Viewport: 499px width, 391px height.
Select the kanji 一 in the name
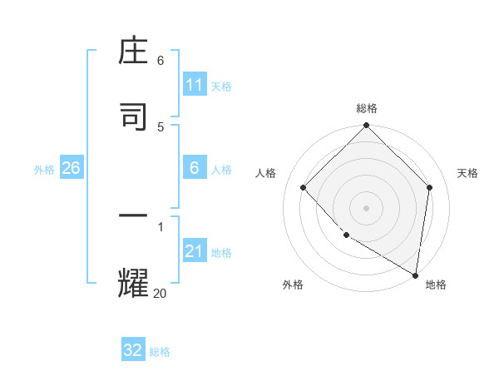(x=134, y=215)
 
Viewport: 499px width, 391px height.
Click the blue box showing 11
(x=195, y=85)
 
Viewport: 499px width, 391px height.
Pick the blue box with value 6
(x=195, y=168)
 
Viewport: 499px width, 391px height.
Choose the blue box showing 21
(x=195, y=251)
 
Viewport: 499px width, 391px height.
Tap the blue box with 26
(x=71, y=168)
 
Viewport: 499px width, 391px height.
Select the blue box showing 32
(x=133, y=350)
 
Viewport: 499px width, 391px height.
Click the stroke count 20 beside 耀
(x=161, y=293)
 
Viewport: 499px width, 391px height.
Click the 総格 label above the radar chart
(x=367, y=108)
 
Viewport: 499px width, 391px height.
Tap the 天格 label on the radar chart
(x=467, y=173)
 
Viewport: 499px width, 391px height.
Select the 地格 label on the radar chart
(x=436, y=285)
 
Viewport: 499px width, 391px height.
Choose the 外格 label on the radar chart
(x=293, y=285)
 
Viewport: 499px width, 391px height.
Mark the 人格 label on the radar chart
(x=266, y=173)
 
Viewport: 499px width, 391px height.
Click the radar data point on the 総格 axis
(x=367, y=126)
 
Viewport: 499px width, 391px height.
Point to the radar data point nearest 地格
(x=415, y=274)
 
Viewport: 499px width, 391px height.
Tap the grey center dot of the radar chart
(x=367, y=207)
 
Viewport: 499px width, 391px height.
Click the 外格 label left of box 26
(x=44, y=169)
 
